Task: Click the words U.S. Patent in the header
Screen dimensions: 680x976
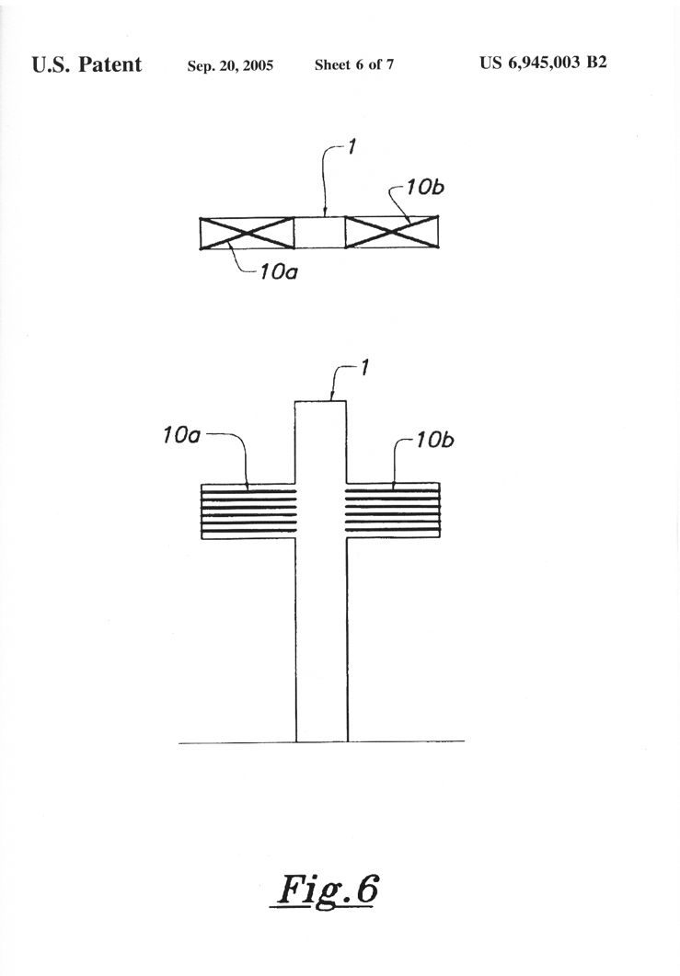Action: (86, 64)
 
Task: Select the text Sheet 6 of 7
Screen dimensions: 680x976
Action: (353, 64)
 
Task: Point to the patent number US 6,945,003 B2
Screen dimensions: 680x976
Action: (543, 63)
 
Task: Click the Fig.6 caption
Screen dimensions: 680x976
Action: (328, 890)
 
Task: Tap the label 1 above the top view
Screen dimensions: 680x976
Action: (352, 147)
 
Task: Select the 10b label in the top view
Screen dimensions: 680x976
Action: (425, 187)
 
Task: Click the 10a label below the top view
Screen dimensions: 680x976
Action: (279, 271)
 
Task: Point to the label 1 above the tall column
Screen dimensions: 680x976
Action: (365, 367)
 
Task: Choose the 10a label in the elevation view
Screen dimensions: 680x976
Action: (181, 435)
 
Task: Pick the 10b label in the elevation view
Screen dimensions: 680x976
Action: (434, 440)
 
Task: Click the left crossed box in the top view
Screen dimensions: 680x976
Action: (248, 234)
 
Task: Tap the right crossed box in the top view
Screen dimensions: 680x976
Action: (391, 232)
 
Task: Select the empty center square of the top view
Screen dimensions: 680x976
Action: (319, 233)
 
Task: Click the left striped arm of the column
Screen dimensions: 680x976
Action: (248, 511)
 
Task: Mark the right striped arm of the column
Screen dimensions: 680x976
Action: (393, 510)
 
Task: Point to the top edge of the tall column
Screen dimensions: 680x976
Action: (320, 401)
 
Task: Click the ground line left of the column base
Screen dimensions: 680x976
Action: (237, 742)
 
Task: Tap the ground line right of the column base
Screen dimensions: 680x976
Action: (406, 741)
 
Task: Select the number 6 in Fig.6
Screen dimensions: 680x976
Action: (367, 889)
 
